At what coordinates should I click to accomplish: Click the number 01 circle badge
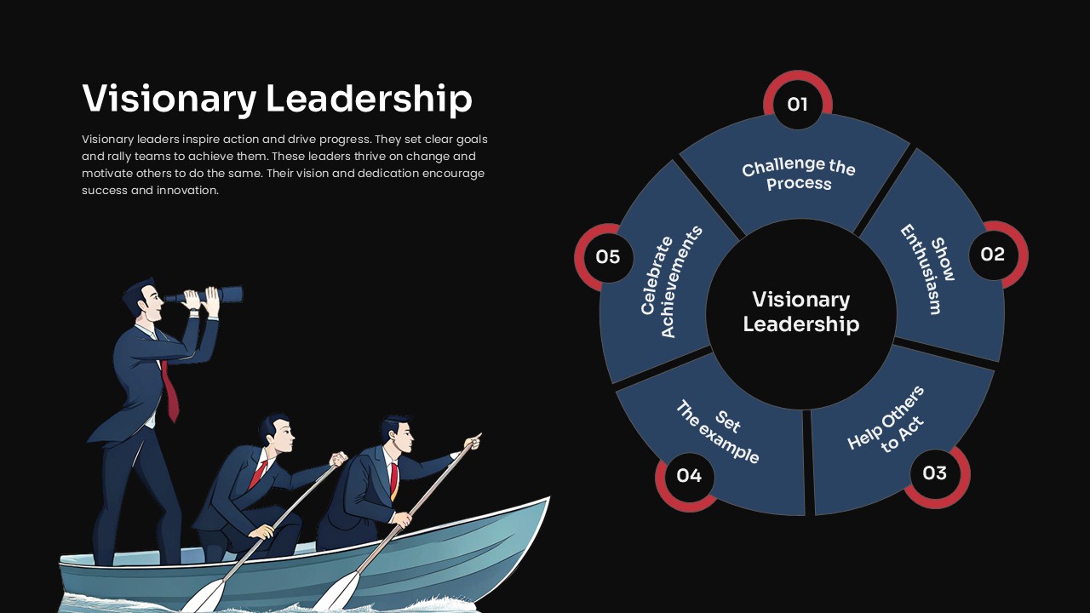[x=798, y=104]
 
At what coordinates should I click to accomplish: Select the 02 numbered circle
[x=993, y=255]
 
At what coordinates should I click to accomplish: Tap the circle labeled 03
[x=935, y=473]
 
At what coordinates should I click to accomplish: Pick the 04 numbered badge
[x=689, y=475]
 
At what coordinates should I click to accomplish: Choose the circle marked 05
[x=608, y=257]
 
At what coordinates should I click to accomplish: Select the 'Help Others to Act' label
[x=886, y=420]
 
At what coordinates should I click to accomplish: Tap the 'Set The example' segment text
[x=717, y=432]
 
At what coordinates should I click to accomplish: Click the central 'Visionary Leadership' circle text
[x=801, y=312]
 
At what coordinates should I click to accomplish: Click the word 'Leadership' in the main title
[x=369, y=98]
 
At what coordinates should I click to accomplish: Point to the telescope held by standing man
[x=204, y=295]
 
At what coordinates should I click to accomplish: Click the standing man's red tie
[x=169, y=391]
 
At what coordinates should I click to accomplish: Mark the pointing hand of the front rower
[x=473, y=441]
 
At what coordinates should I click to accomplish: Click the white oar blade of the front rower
[x=336, y=593]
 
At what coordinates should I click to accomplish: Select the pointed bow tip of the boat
[x=548, y=498]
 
